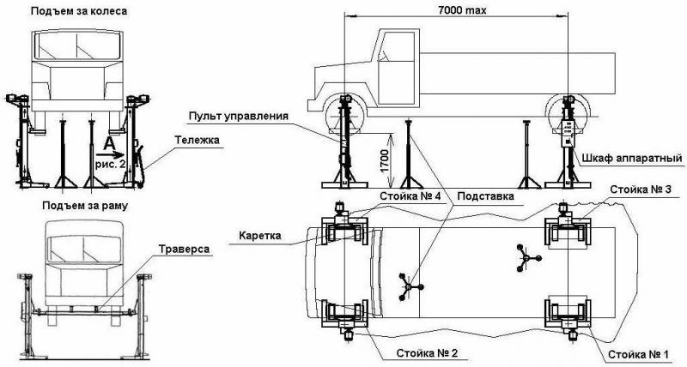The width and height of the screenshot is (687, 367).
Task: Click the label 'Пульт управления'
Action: pyautogui.click(x=240, y=116)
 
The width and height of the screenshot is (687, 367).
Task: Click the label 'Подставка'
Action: pyautogui.click(x=487, y=196)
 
